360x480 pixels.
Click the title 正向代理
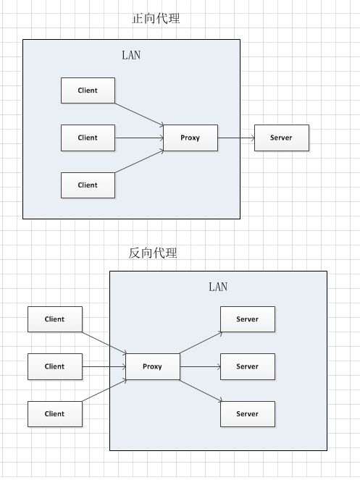[156, 18]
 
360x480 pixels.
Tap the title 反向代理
[153, 253]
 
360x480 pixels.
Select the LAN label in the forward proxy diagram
[131, 56]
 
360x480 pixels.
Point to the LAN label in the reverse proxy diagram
[218, 287]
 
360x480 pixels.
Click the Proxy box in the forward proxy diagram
[191, 138]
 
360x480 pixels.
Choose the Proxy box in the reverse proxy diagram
[153, 366]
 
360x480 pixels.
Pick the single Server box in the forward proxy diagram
[282, 138]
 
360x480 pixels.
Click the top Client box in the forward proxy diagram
[88, 90]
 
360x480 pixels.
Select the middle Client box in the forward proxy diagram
[88, 138]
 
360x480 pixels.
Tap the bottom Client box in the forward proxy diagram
[88, 185]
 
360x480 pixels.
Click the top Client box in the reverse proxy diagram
[55, 319]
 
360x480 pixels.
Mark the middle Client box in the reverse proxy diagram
[55, 366]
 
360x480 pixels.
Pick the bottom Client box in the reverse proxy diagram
[55, 414]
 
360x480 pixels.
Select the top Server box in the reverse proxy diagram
[248, 319]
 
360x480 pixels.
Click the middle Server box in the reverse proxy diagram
[248, 366]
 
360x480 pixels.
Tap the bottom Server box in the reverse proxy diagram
[248, 414]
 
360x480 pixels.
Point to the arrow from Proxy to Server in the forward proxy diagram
[236, 138]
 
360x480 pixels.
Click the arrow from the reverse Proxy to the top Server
[201, 342]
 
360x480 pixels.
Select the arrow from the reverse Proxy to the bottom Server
[201, 391]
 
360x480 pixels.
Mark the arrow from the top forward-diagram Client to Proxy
[139, 114]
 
